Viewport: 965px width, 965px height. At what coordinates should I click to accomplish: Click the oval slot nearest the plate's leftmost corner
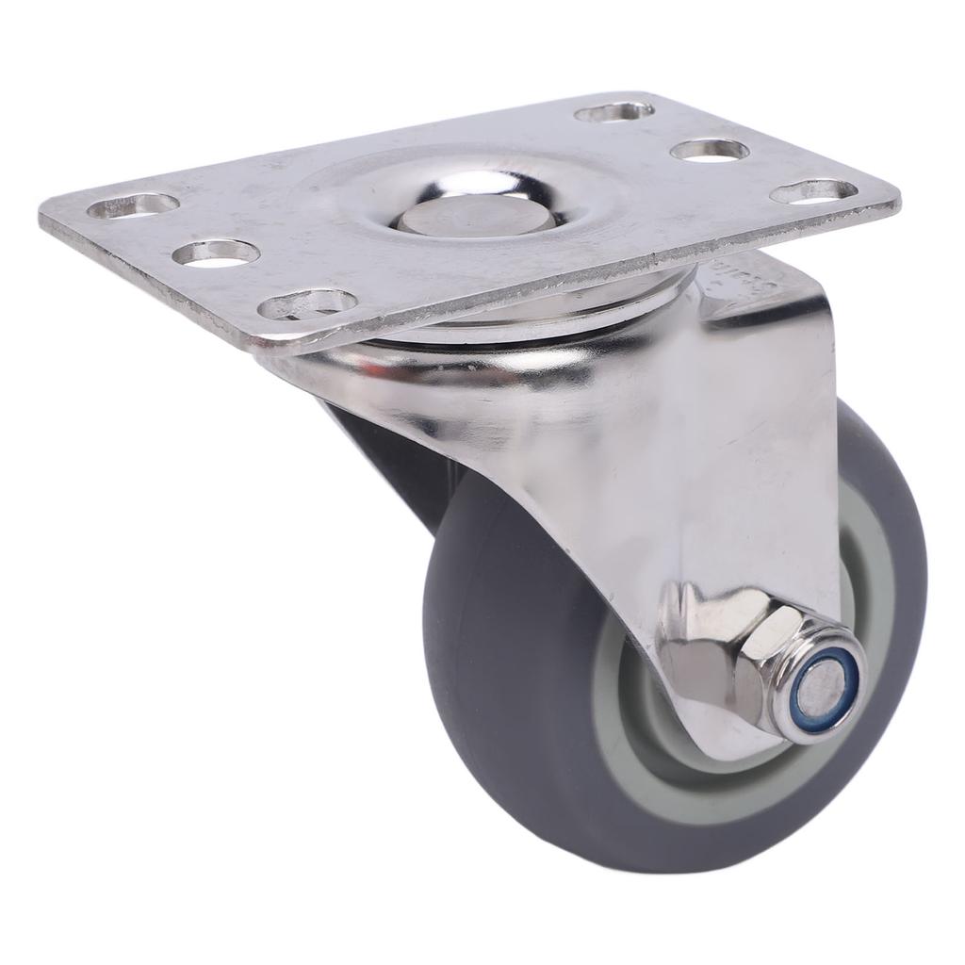coord(132,204)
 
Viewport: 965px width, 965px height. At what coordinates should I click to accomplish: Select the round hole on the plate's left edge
coord(217,253)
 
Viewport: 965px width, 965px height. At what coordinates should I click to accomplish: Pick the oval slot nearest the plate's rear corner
coord(614,112)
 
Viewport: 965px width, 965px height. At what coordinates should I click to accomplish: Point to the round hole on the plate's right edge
coord(710,150)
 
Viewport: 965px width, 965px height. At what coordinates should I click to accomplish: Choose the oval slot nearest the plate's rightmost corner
coord(812,190)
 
